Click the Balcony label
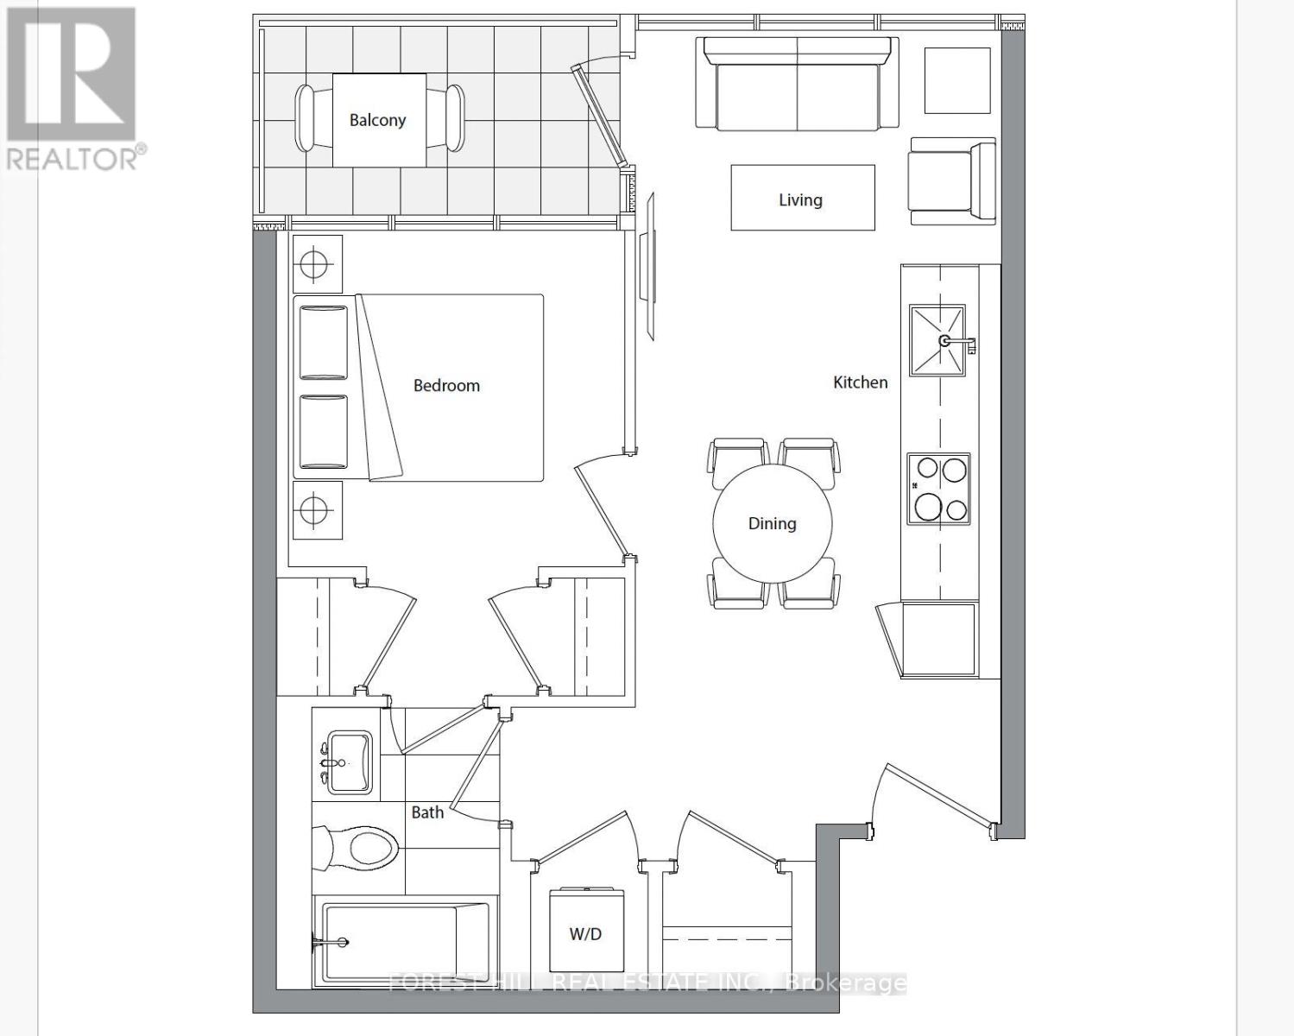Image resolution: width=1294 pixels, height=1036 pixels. click(x=377, y=120)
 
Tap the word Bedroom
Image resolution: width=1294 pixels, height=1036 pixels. click(x=446, y=386)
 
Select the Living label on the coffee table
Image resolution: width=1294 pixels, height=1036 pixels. click(x=800, y=200)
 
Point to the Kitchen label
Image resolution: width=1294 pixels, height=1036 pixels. click(x=860, y=382)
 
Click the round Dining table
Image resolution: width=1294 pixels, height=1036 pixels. click(x=773, y=523)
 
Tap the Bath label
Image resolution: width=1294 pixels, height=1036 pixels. click(x=427, y=812)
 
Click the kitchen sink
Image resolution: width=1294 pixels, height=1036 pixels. click(x=937, y=340)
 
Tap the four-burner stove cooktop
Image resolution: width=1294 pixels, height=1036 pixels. click(x=938, y=489)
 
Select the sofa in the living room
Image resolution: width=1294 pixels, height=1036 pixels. click(x=796, y=84)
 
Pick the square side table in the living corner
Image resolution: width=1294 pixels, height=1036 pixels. click(x=957, y=80)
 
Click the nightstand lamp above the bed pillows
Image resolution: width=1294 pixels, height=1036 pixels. click(x=314, y=263)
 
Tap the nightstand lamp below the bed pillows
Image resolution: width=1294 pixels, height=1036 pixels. click(x=314, y=510)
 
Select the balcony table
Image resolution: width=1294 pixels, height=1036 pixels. click(x=378, y=121)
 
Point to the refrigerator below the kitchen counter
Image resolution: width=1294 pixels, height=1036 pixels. click(x=937, y=640)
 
